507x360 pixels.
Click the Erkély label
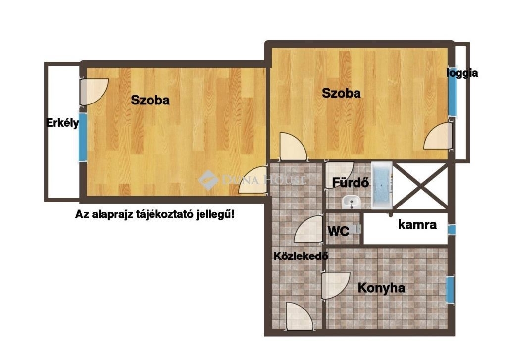(x=62, y=123)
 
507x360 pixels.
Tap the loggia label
(x=462, y=73)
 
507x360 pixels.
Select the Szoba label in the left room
(x=150, y=100)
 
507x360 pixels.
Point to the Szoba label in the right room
(x=341, y=93)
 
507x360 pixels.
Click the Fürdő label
(x=351, y=183)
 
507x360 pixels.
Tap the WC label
(x=338, y=231)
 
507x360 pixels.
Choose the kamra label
(x=417, y=224)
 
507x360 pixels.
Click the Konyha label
(x=381, y=288)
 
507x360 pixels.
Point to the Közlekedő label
(x=301, y=256)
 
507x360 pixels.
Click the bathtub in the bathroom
(x=382, y=185)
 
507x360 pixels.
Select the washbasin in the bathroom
(x=351, y=202)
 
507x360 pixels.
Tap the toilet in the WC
(x=355, y=229)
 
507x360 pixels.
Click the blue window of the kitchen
(x=450, y=289)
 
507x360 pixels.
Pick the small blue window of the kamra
(x=452, y=230)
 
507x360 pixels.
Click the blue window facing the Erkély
(x=83, y=137)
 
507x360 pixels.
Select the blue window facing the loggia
(x=453, y=92)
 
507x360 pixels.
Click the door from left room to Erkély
(x=94, y=92)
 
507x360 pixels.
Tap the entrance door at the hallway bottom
(x=300, y=316)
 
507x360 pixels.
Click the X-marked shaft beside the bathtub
(x=420, y=186)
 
